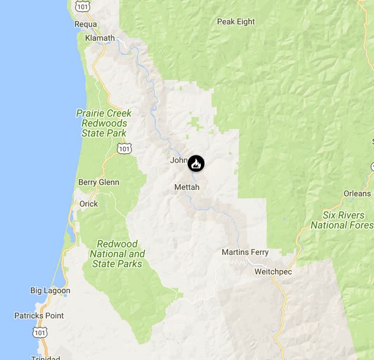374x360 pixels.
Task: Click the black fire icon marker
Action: (196, 163)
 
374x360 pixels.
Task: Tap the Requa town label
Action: (85, 24)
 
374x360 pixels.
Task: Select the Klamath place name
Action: (98, 37)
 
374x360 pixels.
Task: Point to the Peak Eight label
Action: (236, 22)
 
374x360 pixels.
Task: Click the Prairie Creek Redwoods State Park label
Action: (104, 123)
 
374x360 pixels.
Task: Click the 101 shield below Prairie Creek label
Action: (123, 149)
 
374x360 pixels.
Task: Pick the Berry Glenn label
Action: (98, 182)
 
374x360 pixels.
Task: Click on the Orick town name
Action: (88, 204)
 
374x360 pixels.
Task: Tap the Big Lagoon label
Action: (50, 291)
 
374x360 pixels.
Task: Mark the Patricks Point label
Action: (39, 316)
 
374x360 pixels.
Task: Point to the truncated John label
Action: (178, 160)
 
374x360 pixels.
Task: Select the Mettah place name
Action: (187, 187)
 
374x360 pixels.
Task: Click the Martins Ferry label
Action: (245, 252)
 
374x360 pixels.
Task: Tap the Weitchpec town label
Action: (273, 271)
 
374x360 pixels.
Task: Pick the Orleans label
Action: (357, 194)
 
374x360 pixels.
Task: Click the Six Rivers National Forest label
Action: (343, 220)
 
